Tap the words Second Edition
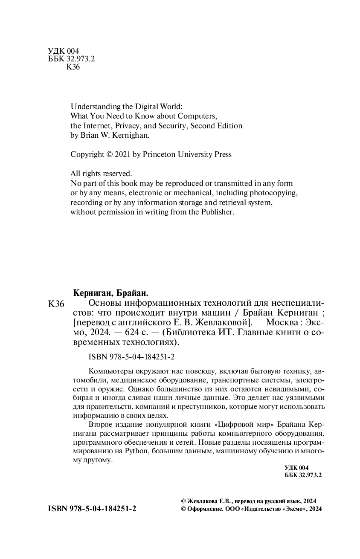[216, 125]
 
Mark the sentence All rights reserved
[102, 174]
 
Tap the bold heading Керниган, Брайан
[110, 293]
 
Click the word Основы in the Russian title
[105, 304]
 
